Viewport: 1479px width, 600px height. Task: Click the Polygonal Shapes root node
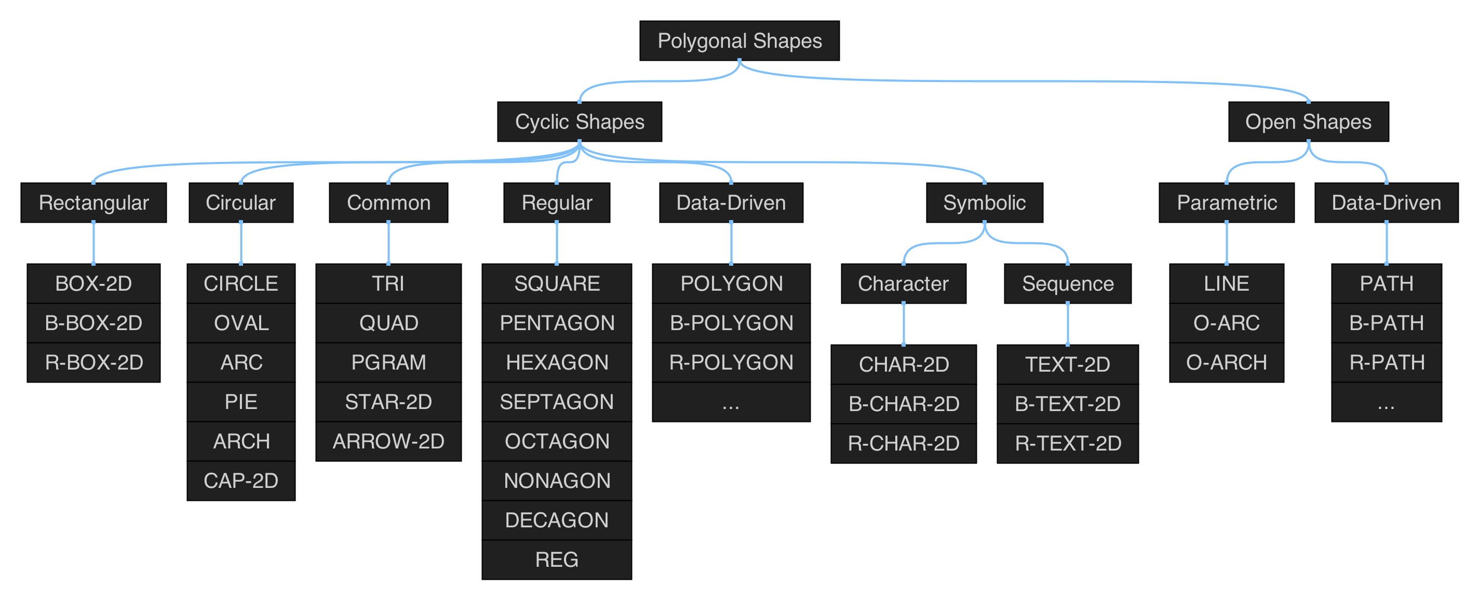(x=739, y=40)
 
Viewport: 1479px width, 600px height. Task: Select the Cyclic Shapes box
(x=580, y=121)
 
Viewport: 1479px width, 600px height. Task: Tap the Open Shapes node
(x=1308, y=121)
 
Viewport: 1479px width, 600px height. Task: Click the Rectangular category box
(x=93, y=202)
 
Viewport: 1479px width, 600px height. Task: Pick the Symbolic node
(x=984, y=202)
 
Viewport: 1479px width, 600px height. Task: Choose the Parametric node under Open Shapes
(x=1227, y=202)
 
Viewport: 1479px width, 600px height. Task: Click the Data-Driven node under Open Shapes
(x=1386, y=202)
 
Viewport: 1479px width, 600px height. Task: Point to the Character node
(x=903, y=283)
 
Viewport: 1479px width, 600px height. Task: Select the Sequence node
(x=1067, y=283)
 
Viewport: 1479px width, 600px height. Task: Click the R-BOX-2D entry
(x=93, y=362)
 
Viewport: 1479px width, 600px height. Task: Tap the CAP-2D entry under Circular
(x=240, y=481)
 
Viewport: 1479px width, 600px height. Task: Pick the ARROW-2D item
(x=388, y=441)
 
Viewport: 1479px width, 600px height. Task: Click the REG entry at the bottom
(x=556, y=560)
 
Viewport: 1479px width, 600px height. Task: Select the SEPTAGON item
(x=556, y=402)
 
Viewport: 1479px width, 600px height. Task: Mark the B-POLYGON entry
(x=731, y=323)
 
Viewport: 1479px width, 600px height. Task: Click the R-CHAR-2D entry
(x=903, y=443)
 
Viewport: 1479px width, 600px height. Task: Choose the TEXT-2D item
(x=1067, y=364)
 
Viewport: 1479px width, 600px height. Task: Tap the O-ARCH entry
(x=1227, y=362)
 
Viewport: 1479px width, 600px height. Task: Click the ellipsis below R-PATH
(x=1386, y=403)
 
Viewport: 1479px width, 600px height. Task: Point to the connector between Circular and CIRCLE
(x=240, y=242)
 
